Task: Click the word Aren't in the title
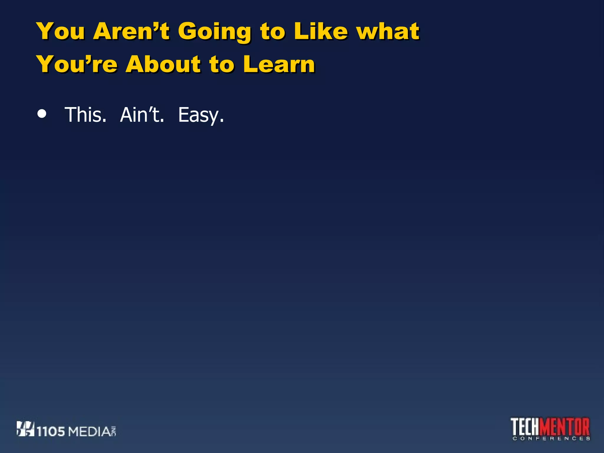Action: pos(131,31)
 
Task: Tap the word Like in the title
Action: pos(321,31)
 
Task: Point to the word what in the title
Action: pos(388,31)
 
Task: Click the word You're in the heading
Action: pos(77,64)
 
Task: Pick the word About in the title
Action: pos(163,64)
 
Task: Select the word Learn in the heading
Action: pos(279,64)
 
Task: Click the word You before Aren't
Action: pos(61,31)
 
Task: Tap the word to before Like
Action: pos(273,32)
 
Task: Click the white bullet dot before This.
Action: pos(42,114)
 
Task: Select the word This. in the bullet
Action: pos(85,115)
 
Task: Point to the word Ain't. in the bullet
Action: pos(142,115)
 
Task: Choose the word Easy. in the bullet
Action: pos(201,115)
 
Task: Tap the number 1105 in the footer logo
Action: pos(51,431)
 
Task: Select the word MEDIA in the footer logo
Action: pos(90,431)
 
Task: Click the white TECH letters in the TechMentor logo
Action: pos(526,426)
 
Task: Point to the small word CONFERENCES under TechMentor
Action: pos(551,439)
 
